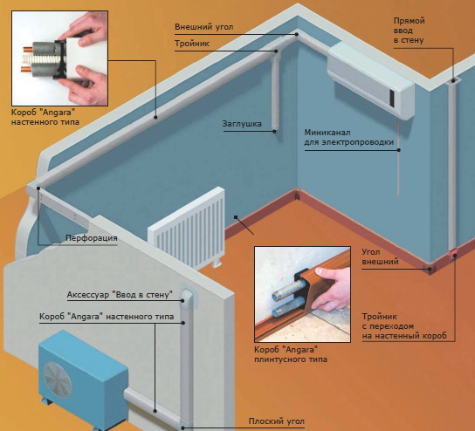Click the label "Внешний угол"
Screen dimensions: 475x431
point(203,27)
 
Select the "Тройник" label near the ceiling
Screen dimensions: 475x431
point(192,44)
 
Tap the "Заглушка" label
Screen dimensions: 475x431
point(242,124)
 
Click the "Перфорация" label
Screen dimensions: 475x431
point(92,238)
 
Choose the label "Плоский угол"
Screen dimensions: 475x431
point(276,421)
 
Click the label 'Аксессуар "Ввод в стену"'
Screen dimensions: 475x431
point(120,295)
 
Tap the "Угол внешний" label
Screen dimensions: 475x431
point(380,257)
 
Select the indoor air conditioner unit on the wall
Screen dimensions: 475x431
point(371,79)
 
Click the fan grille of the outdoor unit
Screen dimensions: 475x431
point(58,380)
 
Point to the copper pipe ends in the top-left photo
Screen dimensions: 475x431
point(25,58)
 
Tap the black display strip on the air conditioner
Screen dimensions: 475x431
point(392,99)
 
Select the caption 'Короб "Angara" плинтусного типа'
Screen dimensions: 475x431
point(291,354)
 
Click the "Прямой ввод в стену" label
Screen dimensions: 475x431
point(409,31)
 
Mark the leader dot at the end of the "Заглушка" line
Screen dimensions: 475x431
point(274,132)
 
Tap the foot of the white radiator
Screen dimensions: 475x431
point(217,263)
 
